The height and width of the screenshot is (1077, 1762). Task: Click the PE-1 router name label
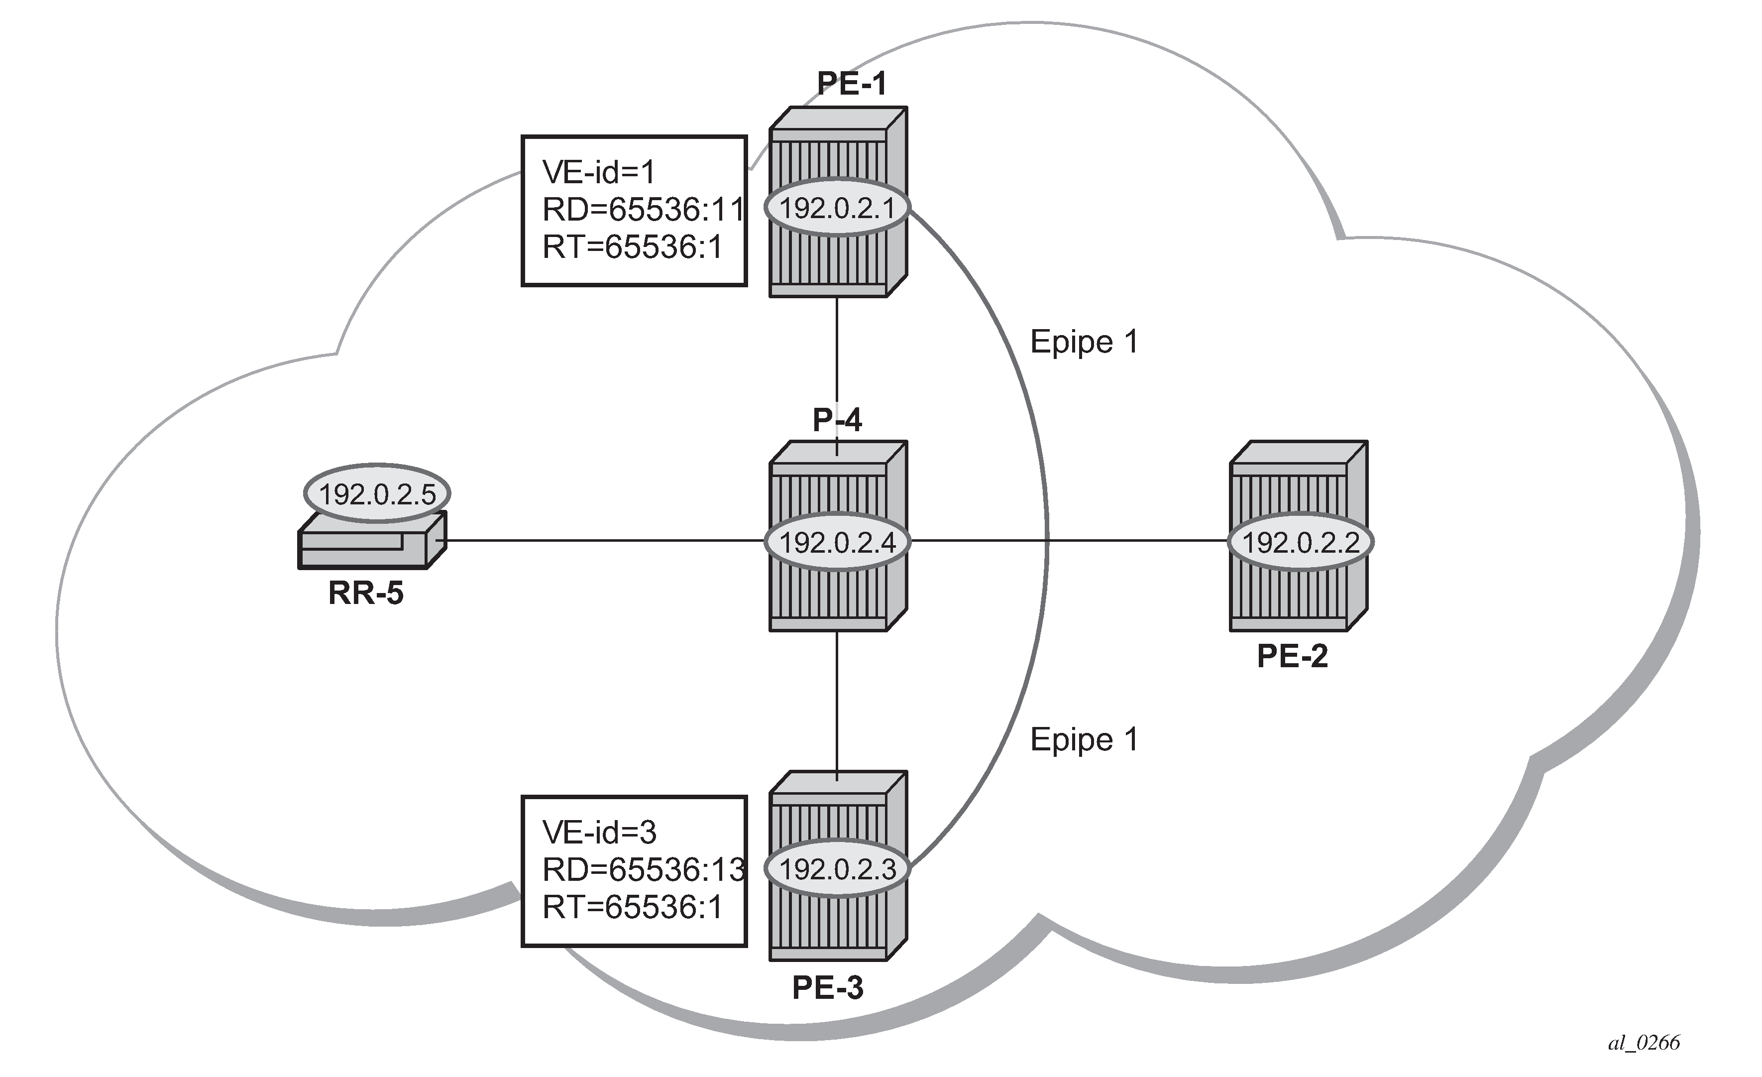pyautogui.click(x=852, y=84)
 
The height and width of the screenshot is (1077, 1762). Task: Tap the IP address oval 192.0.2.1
pyautogui.click(x=837, y=208)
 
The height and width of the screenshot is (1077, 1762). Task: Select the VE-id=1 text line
pyautogui.click(x=599, y=172)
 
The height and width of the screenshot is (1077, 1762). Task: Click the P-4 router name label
pyautogui.click(x=837, y=420)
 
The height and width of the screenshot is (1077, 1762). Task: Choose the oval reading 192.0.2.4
pyautogui.click(x=837, y=543)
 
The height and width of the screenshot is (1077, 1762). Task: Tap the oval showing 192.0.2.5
pyautogui.click(x=377, y=494)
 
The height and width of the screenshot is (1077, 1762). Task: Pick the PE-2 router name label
pyautogui.click(x=1292, y=656)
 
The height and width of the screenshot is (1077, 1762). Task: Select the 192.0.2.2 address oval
pyautogui.click(x=1300, y=543)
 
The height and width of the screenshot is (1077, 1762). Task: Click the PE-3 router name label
pyautogui.click(x=827, y=988)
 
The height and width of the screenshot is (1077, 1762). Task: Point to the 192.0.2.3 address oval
pyautogui.click(x=837, y=869)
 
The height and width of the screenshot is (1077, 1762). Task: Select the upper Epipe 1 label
pyautogui.click(x=1084, y=343)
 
